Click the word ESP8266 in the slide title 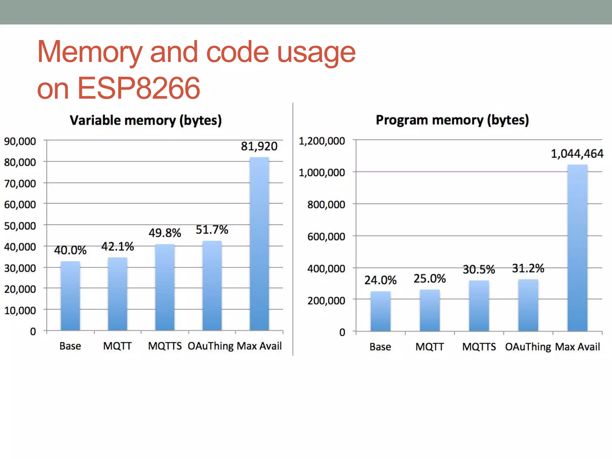click(x=138, y=88)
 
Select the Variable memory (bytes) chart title click(x=146, y=120)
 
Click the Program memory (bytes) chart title click(x=452, y=120)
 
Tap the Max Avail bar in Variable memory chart click(x=259, y=244)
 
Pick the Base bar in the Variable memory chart click(x=70, y=296)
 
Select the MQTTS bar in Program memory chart click(x=479, y=306)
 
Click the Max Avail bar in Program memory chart click(x=577, y=248)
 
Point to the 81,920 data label click(x=259, y=146)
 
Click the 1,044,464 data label click(x=577, y=154)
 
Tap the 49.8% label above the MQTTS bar click(x=165, y=233)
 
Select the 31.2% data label click(x=528, y=268)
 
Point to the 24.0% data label click(x=380, y=280)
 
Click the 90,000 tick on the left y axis click(x=20, y=141)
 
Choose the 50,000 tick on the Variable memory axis click(x=20, y=226)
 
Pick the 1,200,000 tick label click(x=322, y=141)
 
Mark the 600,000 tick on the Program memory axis click(x=326, y=237)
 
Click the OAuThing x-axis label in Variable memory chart click(x=211, y=346)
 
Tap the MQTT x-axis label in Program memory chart click(x=429, y=347)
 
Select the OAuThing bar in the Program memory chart click(x=528, y=305)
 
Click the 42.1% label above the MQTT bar click(x=117, y=247)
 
